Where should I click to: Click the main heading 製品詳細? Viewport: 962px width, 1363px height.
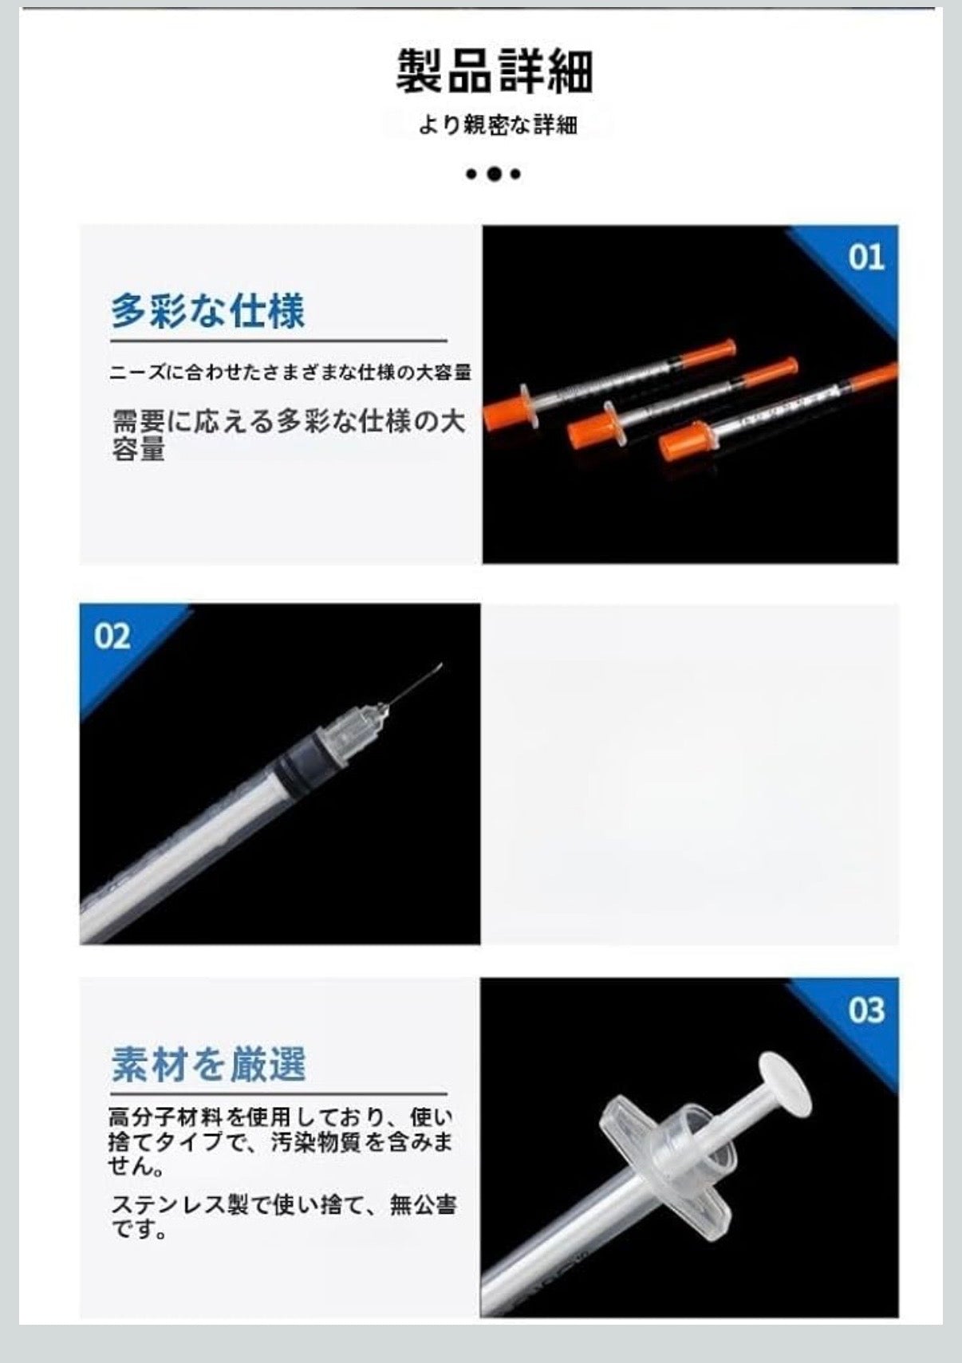pyautogui.click(x=495, y=72)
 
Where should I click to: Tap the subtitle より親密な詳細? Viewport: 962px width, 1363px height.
pyautogui.click(x=497, y=125)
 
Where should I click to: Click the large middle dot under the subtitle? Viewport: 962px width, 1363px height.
pyautogui.click(x=494, y=174)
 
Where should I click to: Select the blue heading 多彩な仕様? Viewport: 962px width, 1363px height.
pyautogui.click(x=207, y=310)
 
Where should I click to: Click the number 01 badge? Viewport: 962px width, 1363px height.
pyautogui.click(x=866, y=258)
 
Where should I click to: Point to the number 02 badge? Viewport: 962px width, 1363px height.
pyautogui.click(x=112, y=636)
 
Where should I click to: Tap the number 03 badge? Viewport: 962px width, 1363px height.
pyautogui.click(x=866, y=1010)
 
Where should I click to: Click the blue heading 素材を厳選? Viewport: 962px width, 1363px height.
pyautogui.click(x=208, y=1064)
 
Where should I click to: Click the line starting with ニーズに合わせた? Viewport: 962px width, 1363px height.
pyautogui.click(x=290, y=372)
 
